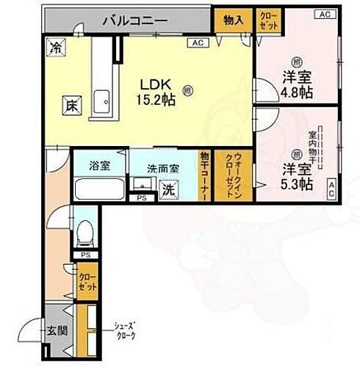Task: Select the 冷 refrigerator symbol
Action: click(56, 48)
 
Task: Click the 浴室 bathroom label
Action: click(101, 166)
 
